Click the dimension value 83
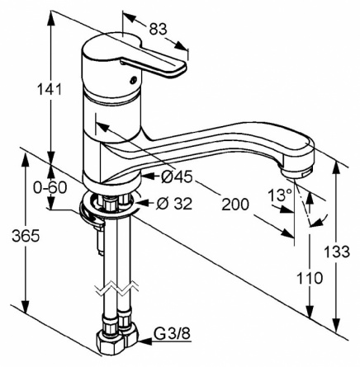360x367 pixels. [x=158, y=29]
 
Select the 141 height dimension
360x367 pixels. [x=49, y=89]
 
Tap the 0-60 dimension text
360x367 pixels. [x=50, y=187]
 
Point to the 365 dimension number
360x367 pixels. [x=26, y=236]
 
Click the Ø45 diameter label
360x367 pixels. [x=177, y=176]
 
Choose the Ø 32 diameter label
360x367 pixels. [x=173, y=204]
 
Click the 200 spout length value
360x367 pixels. [x=235, y=204]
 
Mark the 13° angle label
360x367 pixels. [x=280, y=195]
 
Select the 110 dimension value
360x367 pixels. [x=309, y=278]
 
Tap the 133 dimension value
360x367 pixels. [x=337, y=252]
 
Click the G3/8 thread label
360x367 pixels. [x=172, y=334]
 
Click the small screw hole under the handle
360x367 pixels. [x=133, y=81]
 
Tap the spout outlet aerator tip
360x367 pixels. [x=298, y=172]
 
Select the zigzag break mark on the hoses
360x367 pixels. [x=116, y=289]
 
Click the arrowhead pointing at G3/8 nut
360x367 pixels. [x=145, y=341]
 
